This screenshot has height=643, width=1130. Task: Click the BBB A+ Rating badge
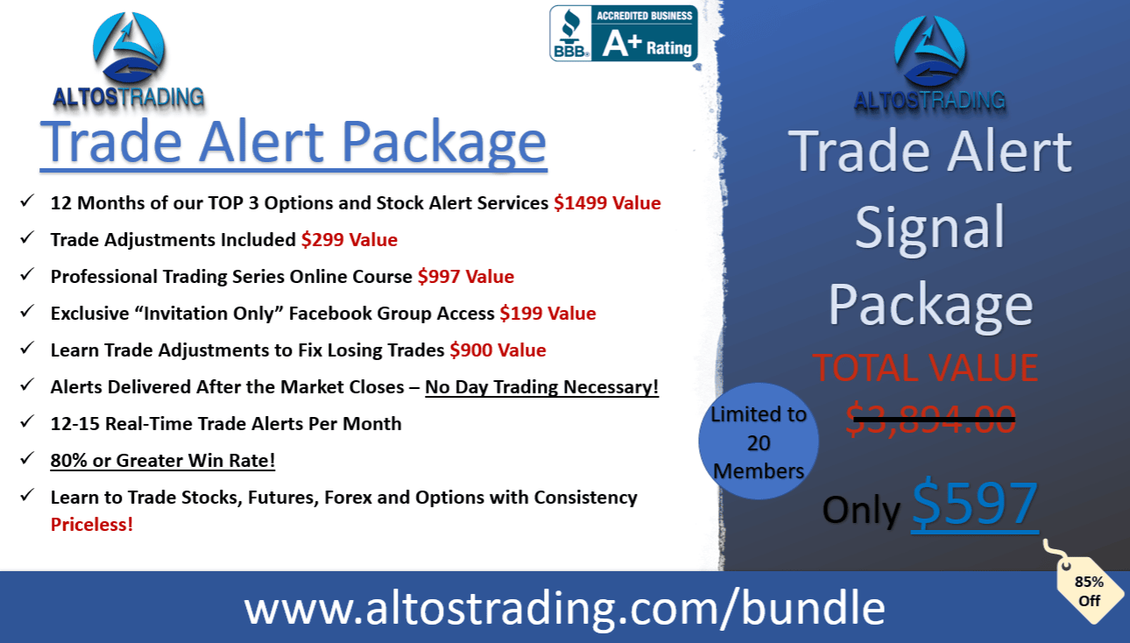point(624,33)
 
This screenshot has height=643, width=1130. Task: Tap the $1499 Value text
point(607,202)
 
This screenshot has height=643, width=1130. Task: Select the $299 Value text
point(350,239)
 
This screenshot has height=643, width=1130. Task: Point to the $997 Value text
point(466,276)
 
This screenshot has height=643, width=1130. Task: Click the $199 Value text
point(547,314)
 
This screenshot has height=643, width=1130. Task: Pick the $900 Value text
point(498,350)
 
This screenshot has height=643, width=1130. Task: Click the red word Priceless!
point(92,525)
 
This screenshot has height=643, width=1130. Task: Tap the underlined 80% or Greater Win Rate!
point(162,461)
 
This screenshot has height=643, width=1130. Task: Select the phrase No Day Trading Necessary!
point(542,387)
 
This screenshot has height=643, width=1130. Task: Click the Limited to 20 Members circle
point(759,442)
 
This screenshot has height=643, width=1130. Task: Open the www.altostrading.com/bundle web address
point(564,608)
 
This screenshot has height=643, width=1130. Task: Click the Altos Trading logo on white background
point(129,60)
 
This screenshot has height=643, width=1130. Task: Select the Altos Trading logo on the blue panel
point(929,63)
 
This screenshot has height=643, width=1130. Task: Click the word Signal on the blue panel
point(929,230)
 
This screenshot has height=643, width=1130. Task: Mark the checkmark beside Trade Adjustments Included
point(27,237)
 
